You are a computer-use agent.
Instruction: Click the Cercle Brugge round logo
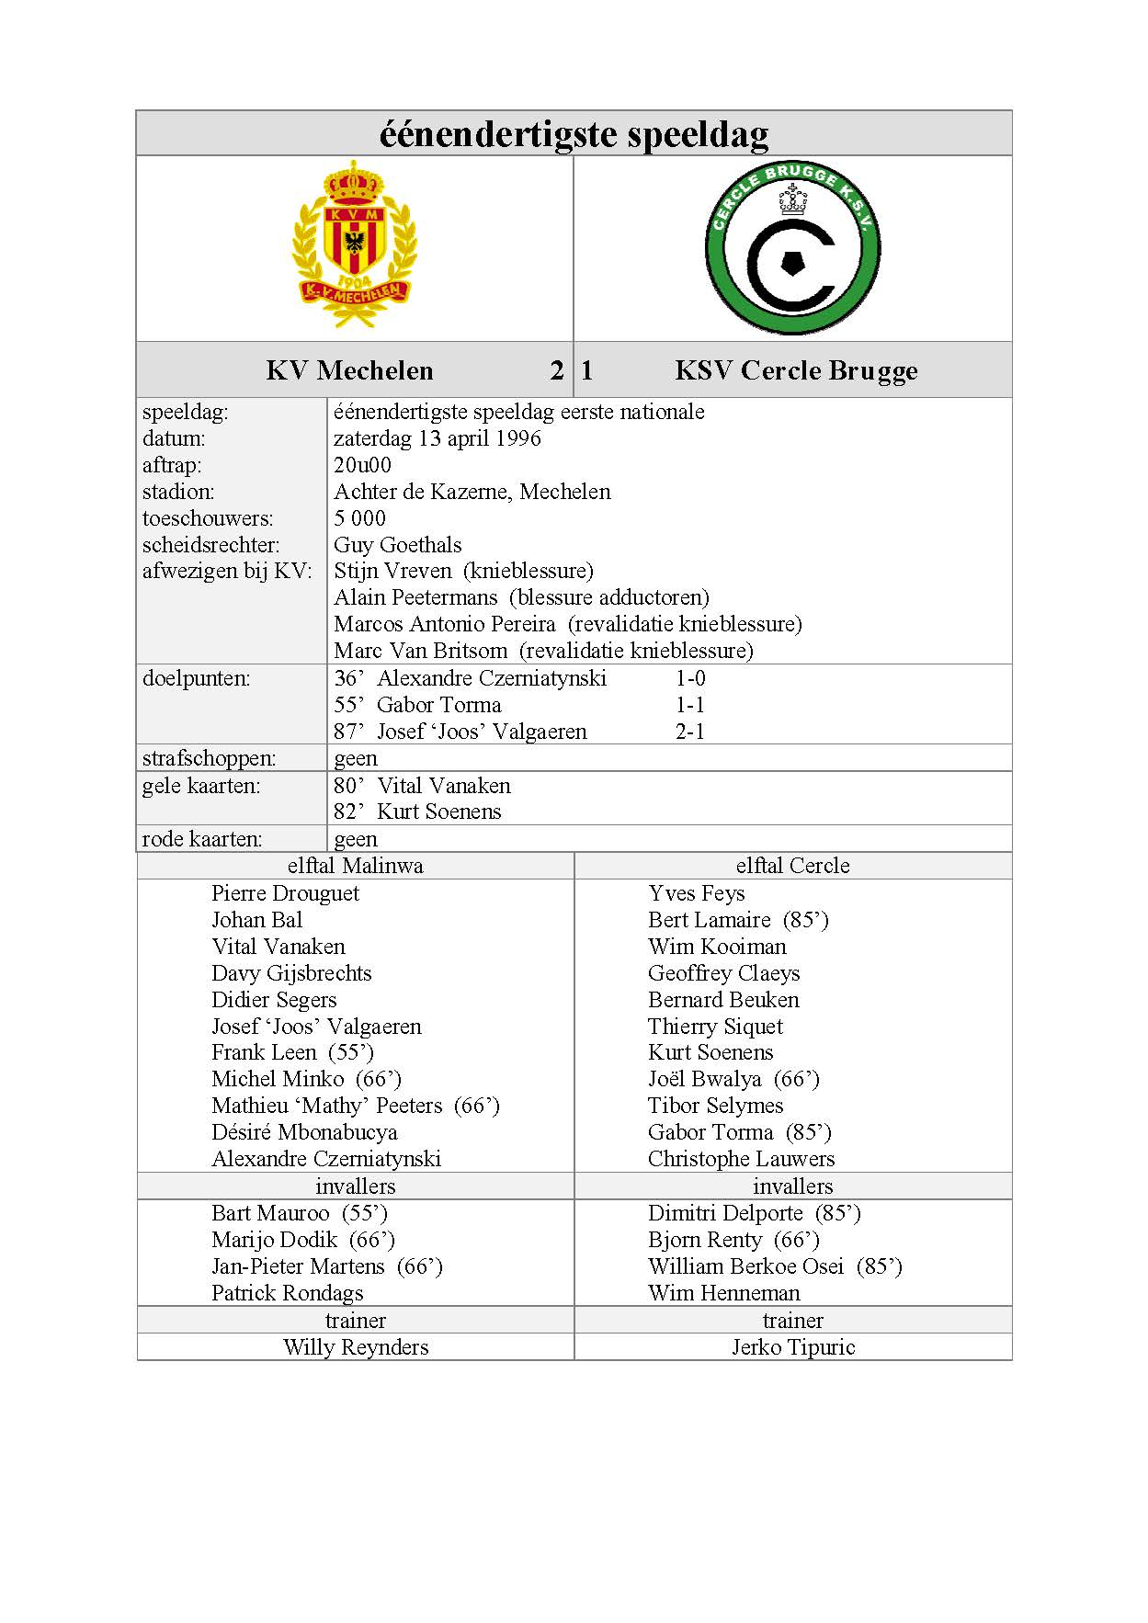coord(792,249)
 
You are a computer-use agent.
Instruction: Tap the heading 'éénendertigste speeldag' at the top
coord(574,134)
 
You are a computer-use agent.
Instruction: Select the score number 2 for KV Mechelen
coord(556,370)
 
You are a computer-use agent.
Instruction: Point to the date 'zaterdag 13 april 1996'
coord(438,438)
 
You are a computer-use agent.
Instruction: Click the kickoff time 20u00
coord(362,465)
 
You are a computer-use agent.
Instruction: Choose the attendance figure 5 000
coord(359,518)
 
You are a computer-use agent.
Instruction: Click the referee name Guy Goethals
coord(397,545)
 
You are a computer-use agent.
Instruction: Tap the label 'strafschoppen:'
coord(209,758)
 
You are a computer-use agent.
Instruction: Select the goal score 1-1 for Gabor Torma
coord(689,705)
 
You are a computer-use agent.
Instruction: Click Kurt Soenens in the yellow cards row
coord(438,811)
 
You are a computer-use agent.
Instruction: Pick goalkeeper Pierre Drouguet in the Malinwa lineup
coord(285,893)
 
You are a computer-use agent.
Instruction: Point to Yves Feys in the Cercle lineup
coord(696,893)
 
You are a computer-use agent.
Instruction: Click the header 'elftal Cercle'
coord(792,866)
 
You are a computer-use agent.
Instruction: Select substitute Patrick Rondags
coord(287,1293)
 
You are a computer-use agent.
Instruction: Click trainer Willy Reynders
coord(356,1347)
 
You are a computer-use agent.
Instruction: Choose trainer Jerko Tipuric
coord(792,1347)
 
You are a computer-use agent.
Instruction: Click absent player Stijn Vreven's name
coord(392,571)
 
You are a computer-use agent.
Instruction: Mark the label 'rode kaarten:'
coord(202,839)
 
